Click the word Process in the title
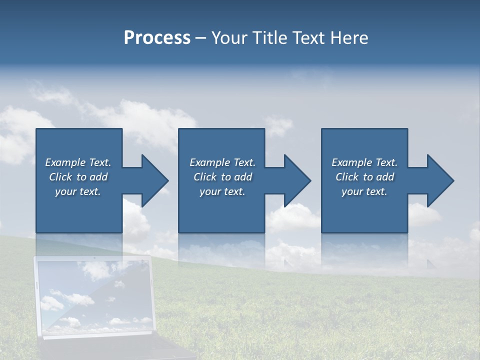point(157,38)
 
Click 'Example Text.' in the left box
point(78,162)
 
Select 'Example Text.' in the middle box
point(222,162)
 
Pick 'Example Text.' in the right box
point(364,162)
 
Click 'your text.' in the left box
point(78,191)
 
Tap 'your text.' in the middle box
point(222,191)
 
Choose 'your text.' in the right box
point(364,191)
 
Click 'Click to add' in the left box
point(78,177)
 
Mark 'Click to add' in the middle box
point(222,177)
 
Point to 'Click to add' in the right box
point(364,177)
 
